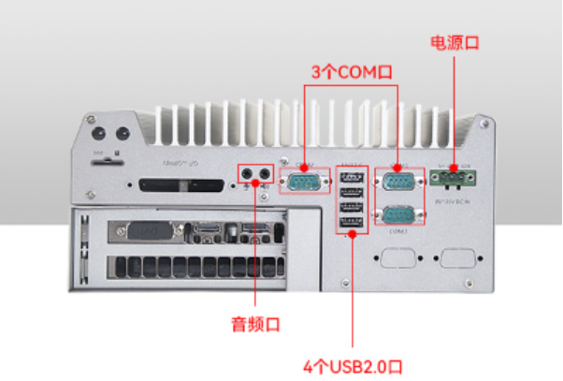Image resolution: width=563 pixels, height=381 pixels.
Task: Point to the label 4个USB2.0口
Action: coord(353,364)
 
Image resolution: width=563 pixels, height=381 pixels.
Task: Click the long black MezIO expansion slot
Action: coord(180,185)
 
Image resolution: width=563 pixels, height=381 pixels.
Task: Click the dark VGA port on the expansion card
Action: coord(136,232)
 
